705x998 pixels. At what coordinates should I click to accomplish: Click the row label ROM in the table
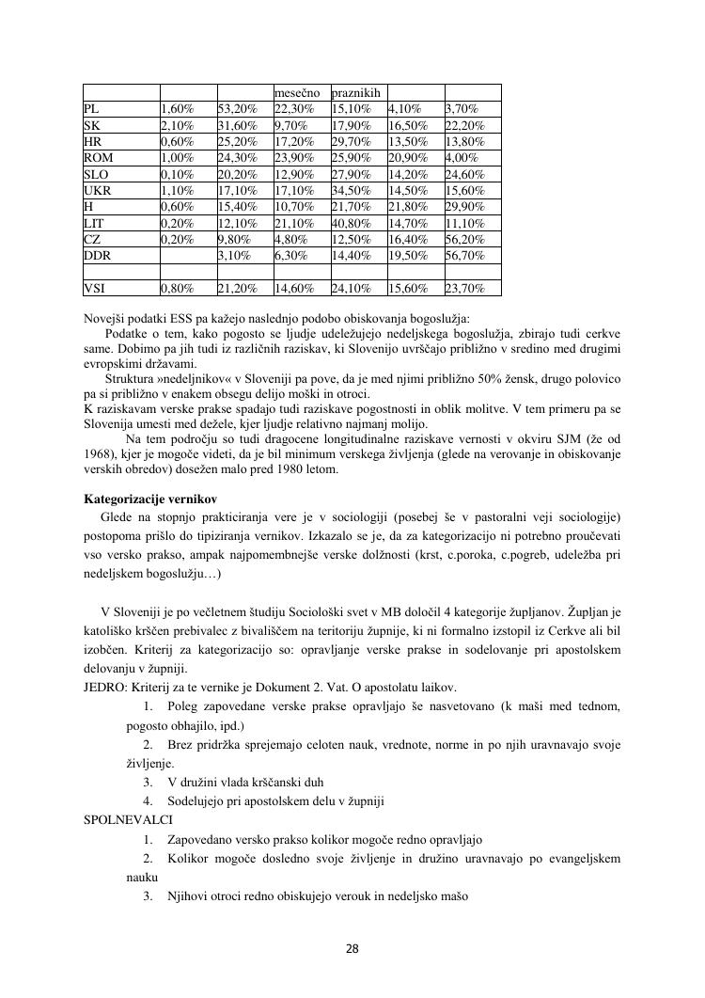coord(99,157)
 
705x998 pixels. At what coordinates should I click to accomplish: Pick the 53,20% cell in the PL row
coord(237,108)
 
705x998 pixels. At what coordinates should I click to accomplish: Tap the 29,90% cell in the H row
coord(465,207)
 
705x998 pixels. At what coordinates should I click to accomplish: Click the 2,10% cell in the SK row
coord(178,125)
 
